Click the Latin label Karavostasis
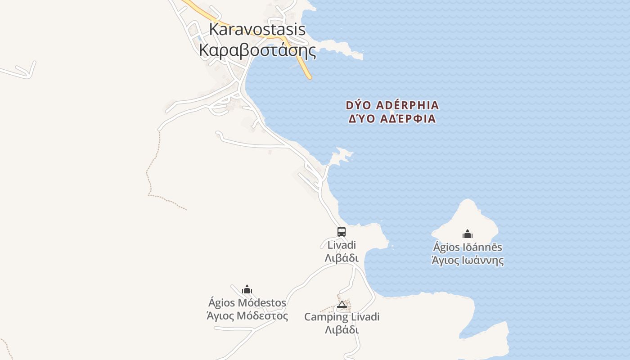tap(257, 30)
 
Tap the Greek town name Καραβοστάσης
tap(257, 50)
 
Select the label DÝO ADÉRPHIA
tap(392, 105)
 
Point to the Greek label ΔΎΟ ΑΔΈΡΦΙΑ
tap(392, 119)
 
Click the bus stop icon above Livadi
tap(342, 232)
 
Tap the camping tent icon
tap(342, 305)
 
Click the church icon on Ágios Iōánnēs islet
tap(468, 234)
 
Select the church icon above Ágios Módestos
tap(247, 289)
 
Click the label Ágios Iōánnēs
tap(468, 247)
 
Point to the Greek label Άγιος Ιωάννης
tap(468, 261)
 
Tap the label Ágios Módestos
tap(247, 302)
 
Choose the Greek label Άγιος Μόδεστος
tap(247, 316)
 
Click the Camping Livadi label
tap(342, 317)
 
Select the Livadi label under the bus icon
tap(342, 245)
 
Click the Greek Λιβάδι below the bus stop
tap(342, 258)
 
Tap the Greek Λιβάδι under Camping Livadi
tap(342, 330)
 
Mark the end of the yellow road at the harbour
tap(309, 77)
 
